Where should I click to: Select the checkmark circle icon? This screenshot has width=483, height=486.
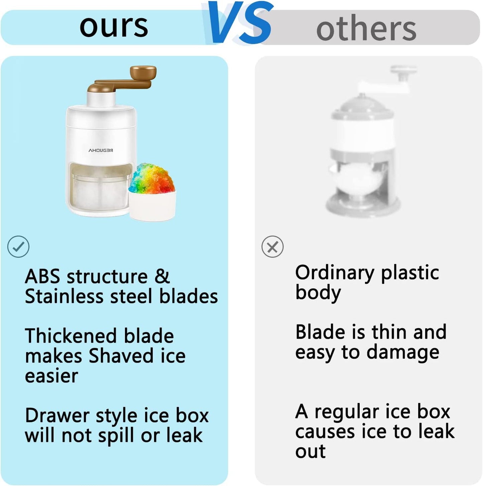pyautogui.click(x=18, y=247)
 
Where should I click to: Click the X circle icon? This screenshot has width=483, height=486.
pyautogui.click(x=272, y=247)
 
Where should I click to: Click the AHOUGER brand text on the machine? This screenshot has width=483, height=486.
pyautogui.click(x=101, y=150)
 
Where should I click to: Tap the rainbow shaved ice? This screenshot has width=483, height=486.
pyautogui.click(x=152, y=178)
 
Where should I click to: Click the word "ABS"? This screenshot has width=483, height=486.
pyautogui.click(x=42, y=276)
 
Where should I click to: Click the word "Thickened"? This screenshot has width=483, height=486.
pyautogui.click(x=71, y=336)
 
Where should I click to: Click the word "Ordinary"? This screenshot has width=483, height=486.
pyautogui.click(x=335, y=273)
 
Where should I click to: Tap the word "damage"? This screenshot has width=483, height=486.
pyautogui.click(x=403, y=353)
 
